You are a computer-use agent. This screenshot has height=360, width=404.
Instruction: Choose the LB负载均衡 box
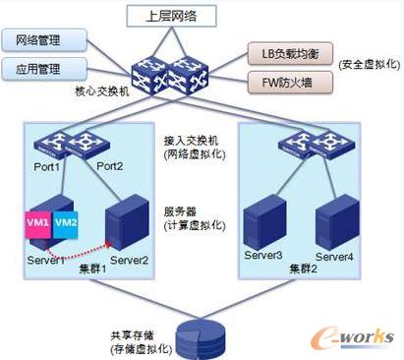click(x=288, y=51)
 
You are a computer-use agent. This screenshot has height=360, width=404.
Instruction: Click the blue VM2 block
click(x=66, y=223)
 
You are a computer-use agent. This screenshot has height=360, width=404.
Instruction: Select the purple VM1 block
click(x=40, y=224)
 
